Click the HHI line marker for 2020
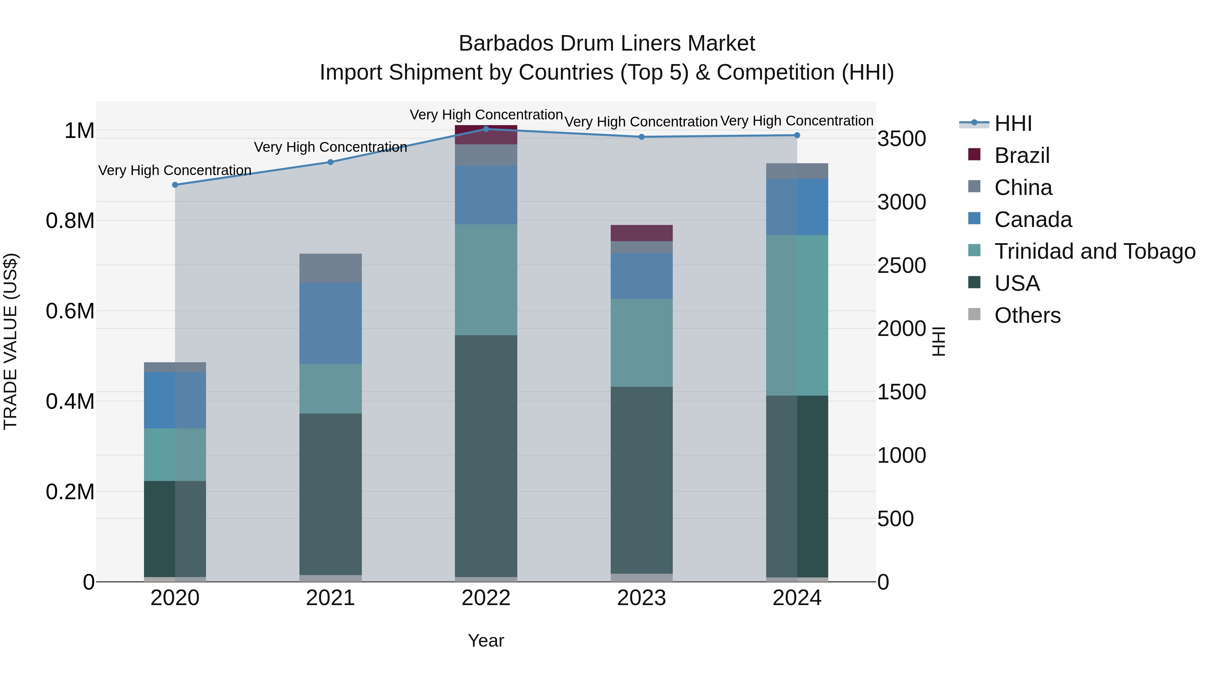click(175, 185)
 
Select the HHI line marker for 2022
click(486, 129)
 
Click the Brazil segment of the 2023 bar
click(641, 233)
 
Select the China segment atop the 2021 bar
click(330, 268)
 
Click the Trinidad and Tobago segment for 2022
click(486, 280)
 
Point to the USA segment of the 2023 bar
click(641, 480)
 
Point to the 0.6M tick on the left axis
click(70, 311)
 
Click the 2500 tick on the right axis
click(901, 265)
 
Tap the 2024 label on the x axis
click(797, 598)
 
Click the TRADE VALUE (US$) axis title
click(10, 341)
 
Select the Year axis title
click(486, 641)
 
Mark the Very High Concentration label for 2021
click(330, 147)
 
